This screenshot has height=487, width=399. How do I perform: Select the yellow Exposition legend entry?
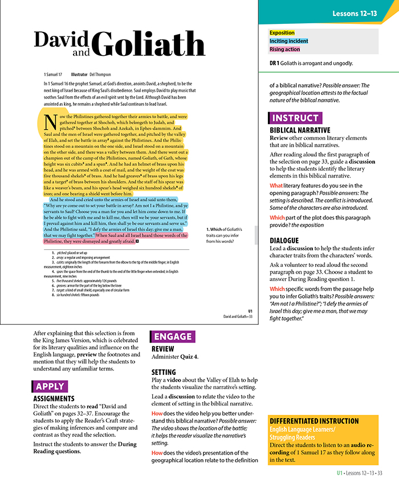(x=282, y=33)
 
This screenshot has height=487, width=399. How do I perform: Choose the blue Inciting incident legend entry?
(x=288, y=41)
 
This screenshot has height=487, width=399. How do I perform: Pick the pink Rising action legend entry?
(x=284, y=49)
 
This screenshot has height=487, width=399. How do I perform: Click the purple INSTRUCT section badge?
(x=295, y=118)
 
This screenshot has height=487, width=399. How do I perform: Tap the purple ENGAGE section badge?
(x=172, y=336)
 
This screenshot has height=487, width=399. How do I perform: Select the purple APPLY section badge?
(x=50, y=387)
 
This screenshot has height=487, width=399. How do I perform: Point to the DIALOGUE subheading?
(x=284, y=241)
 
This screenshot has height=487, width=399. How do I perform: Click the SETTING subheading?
(x=165, y=372)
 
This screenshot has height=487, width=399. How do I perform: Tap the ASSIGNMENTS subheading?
(x=54, y=399)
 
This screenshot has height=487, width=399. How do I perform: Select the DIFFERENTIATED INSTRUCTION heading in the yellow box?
(x=314, y=421)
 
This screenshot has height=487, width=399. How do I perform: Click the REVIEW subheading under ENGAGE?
(x=163, y=349)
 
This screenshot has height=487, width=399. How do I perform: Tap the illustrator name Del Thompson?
(x=101, y=75)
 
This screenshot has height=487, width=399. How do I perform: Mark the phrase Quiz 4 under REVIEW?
(x=189, y=357)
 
